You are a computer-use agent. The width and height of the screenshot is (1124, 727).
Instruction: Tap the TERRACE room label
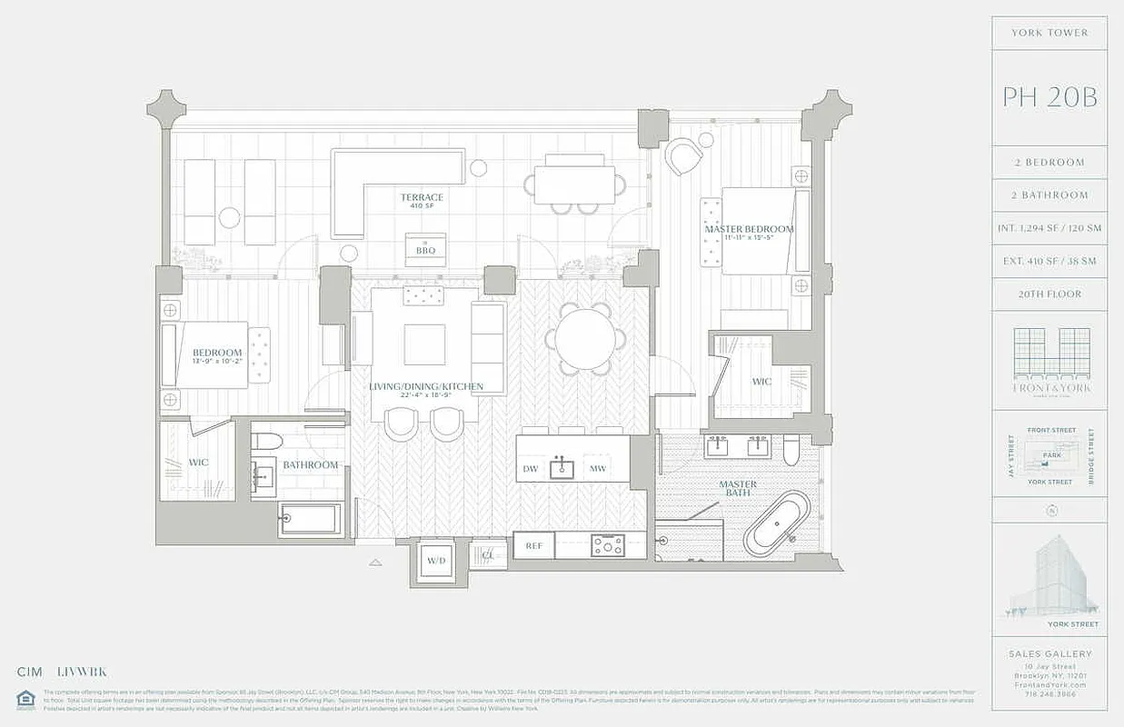[x=423, y=197]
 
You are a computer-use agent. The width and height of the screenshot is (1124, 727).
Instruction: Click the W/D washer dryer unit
[x=436, y=560]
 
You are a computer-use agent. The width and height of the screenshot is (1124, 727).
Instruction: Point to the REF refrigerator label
[x=533, y=545]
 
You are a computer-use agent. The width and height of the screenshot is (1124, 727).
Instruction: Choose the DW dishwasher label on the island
[x=531, y=469]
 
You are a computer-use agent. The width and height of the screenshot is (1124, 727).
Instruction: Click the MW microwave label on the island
[x=597, y=469]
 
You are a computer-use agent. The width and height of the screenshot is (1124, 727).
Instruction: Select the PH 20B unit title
[x=1049, y=97]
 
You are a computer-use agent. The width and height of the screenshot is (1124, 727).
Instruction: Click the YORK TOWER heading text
[x=1049, y=33]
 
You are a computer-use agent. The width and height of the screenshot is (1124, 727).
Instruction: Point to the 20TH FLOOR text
[x=1049, y=294]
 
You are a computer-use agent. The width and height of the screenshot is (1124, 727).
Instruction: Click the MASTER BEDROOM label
[x=750, y=229]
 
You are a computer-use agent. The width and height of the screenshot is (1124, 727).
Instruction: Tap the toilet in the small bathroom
[x=268, y=441]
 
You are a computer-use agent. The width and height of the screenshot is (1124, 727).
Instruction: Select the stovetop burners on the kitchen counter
[x=608, y=545]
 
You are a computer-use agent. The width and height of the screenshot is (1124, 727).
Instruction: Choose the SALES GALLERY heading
[x=1049, y=653]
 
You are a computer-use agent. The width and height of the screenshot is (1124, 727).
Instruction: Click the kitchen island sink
[x=562, y=469]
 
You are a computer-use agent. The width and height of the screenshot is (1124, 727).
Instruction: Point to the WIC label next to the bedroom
[x=198, y=463]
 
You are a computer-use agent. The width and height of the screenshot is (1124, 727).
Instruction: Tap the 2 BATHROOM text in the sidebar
[x=1049, y=195]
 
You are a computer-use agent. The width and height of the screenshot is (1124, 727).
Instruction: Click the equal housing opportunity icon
[x=25, y=699]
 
